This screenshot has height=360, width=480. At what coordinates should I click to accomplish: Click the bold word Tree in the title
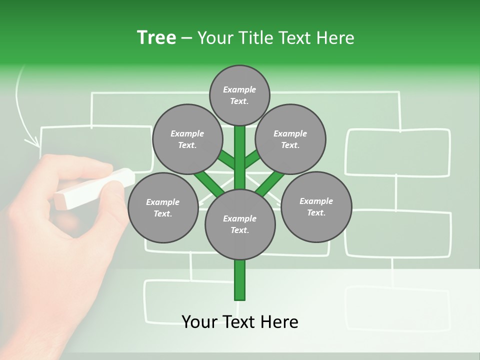click(156, 37)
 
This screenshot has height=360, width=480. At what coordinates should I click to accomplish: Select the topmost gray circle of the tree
click(239, 95)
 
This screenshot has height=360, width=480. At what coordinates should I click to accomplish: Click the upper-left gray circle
click(187, 139)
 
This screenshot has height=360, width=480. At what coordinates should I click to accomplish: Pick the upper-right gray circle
click(290, 139)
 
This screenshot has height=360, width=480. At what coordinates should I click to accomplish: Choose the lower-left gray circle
click(162, 207)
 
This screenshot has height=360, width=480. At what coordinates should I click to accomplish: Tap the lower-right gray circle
click(316, 206)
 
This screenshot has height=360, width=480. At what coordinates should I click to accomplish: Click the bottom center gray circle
click(240, 224)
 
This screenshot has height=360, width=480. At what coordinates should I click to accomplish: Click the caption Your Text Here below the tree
click(240, 322)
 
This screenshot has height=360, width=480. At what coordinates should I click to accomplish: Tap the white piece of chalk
click(95, 189)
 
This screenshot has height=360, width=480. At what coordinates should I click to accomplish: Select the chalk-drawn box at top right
click(398, 152)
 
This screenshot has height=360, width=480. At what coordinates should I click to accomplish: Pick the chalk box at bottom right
click(397, 307)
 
